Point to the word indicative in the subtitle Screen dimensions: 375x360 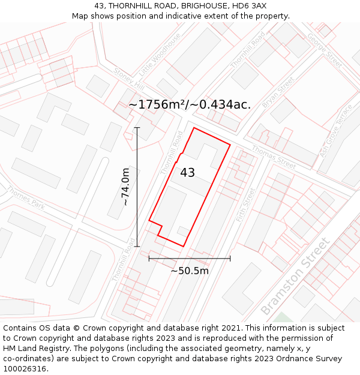coord(179,16)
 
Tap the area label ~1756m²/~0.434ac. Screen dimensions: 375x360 coord(190,104)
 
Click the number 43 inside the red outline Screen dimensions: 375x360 coord(187,173)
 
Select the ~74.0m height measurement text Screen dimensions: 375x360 coord(125,187)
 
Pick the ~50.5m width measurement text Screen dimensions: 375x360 coord(190,271)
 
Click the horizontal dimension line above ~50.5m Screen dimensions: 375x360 coord(190,259)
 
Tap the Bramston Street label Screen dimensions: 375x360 coord(295,276)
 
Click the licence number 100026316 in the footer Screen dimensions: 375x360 coord(24,369)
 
